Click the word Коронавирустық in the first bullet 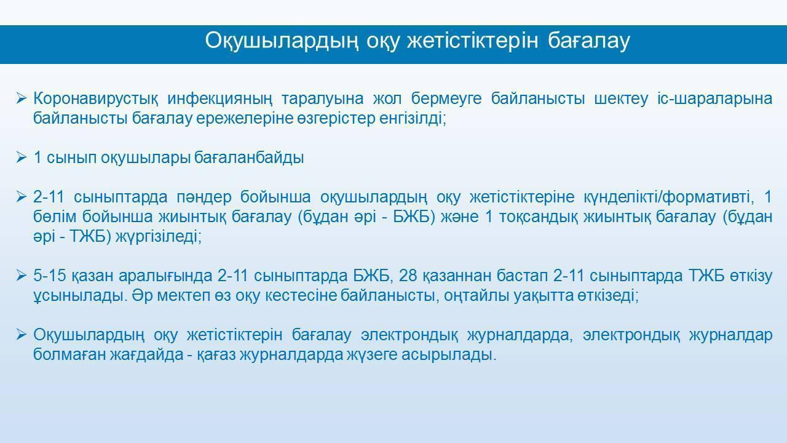pos(95,99)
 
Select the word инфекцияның pos(219,100)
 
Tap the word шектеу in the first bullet pos(621,99)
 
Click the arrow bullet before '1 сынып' pos(21,158)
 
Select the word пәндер pos(204,198)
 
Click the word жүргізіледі pos(159,237)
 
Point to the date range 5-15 pos(50,275)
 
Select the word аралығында pos(165,276)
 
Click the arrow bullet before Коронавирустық pos(21,98)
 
